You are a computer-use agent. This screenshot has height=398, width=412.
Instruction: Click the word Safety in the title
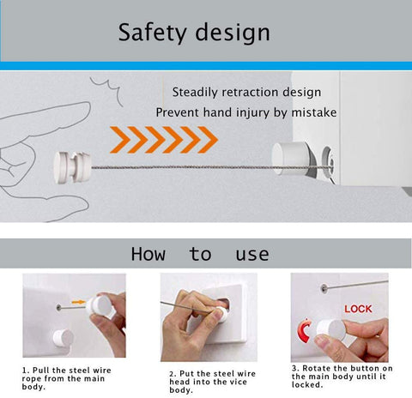pyautogui.click(x=152, y=33)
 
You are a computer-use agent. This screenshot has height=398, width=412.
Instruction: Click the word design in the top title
pyautogui.click(x=233, y=33)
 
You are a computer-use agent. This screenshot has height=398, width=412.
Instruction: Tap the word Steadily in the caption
pyautogui.click(x=195, y=93)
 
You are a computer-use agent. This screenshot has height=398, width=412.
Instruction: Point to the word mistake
pyautogui.click(x=314, y=112)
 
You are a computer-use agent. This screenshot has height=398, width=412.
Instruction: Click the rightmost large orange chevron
pyautogui.click(x=208, y=140)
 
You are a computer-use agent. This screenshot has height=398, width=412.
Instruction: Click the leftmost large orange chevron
pyautogui.click(x=120, y=140)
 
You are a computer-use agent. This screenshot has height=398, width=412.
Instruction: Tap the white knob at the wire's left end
pyautogui.click(x=72, y=167)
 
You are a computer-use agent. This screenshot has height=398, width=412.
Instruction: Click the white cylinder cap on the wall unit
pyautogui.click(x=290, y=158)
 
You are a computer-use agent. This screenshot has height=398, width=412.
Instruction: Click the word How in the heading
pyautogui.click(x=148, y=254)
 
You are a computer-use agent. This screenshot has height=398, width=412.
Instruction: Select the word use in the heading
pyautogui.click(x=252, y=255)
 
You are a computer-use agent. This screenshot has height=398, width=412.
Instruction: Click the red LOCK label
pyautogui.click(x=358, y=309)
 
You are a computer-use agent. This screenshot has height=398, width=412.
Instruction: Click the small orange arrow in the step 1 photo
pyautogui.click(x=78, y=302)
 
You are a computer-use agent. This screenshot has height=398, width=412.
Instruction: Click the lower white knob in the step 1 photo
pyautogui.click(x=64, y=338)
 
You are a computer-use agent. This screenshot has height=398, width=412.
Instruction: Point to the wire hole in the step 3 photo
pyautogui.click(x=324, y=288)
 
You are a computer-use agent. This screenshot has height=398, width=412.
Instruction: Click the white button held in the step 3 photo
pyautogui.click(x=331, y=329)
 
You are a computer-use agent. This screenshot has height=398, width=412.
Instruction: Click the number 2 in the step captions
pyautogui.click(x=172, y=374)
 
